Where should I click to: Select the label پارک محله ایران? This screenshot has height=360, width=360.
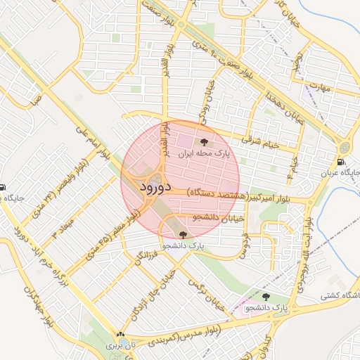pyautogui.click(x=204, y=153)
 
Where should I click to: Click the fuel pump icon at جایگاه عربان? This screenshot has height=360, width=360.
pyautogui.click(x=345, y=161)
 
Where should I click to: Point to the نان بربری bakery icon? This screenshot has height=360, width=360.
pyautogui.click(x=120, y=335)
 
